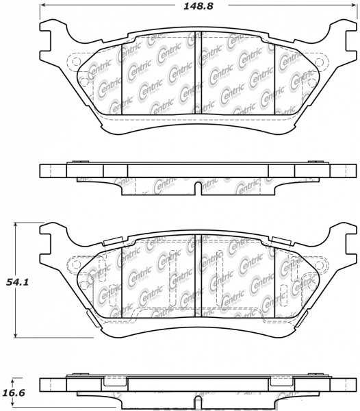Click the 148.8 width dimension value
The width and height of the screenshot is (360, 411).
point(198,6)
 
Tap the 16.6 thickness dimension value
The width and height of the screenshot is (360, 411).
point(14,393)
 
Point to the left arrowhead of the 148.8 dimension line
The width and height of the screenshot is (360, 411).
point(42,5)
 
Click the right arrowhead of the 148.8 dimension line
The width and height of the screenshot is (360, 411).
point(354,5)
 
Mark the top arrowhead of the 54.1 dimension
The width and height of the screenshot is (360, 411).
point(16,225)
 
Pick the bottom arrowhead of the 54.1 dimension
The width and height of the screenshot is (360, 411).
point(16,334)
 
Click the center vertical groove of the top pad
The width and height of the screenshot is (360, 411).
point(198,73)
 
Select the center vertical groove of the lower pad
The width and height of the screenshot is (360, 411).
point(198,276)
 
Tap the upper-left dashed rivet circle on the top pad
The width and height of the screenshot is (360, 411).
point(76,62)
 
